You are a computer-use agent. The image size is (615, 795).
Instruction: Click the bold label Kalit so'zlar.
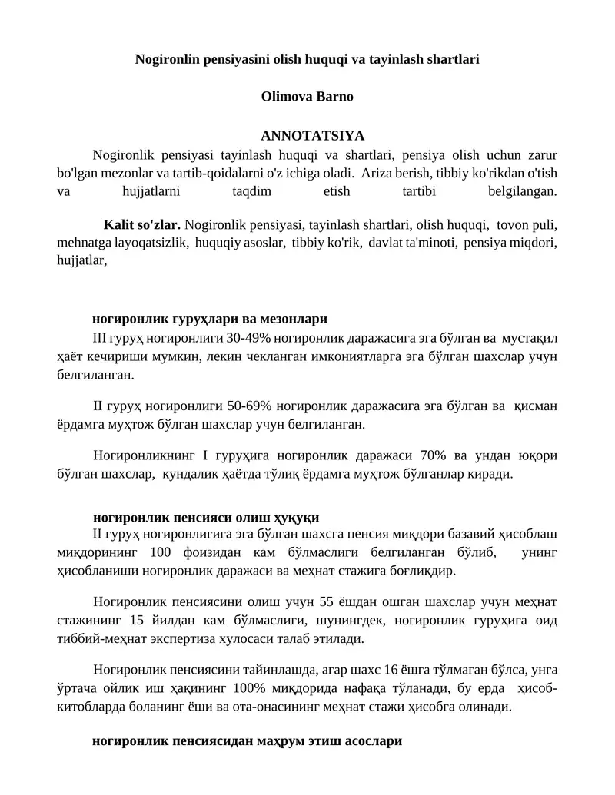pos(142,226)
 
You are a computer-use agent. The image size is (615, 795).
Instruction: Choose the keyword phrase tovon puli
pos(527,226)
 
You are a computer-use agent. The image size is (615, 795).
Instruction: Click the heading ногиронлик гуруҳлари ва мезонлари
pos(210,319)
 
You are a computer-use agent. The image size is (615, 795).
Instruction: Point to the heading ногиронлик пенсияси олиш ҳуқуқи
pos(205,517)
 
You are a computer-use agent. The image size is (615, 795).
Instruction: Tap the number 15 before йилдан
pos(139,620)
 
